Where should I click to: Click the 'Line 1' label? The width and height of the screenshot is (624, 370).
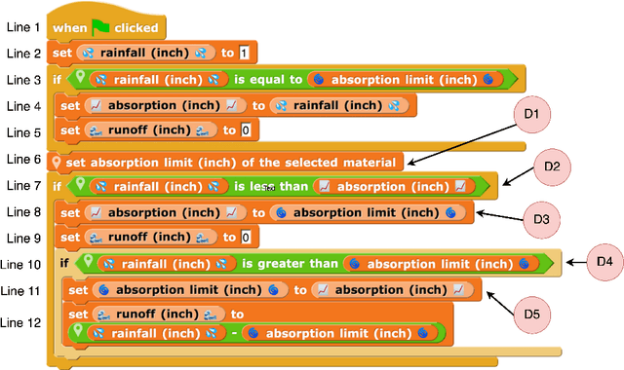(23, 27)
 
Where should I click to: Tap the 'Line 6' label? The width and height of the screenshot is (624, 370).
(23, 159)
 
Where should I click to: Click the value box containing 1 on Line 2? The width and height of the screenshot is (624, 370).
(244, 53)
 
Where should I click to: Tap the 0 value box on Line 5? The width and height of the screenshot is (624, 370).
(246, 129)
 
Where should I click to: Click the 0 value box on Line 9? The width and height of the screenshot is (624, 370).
(246, 237)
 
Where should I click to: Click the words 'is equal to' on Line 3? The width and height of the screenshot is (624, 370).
(269, 79)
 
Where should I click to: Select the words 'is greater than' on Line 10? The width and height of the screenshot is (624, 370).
(290, 263)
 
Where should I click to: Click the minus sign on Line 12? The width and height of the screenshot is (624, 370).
(233, 333)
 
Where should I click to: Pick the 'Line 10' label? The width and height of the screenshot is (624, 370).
(20, 264)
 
